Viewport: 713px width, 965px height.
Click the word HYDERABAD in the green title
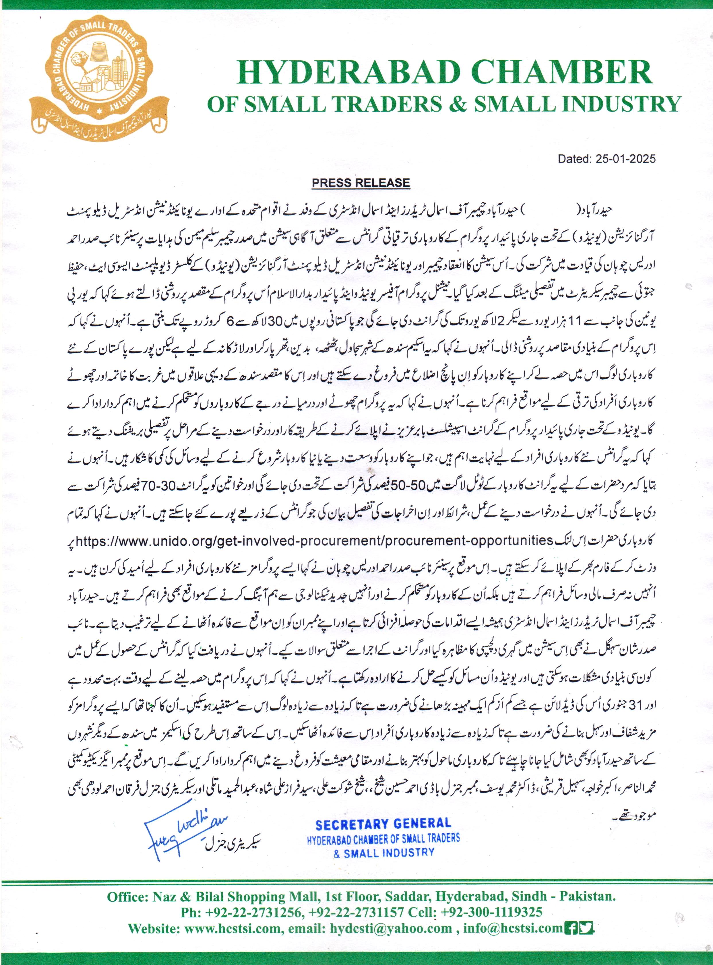346,73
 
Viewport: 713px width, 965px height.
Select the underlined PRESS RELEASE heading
361,183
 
